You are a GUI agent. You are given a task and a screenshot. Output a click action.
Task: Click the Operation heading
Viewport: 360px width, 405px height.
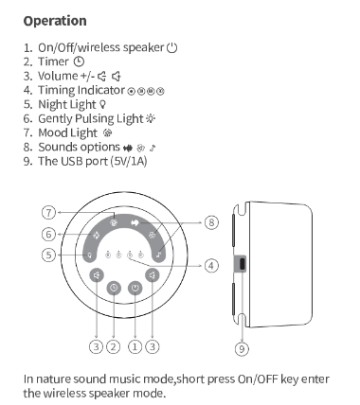[x=55, y=21]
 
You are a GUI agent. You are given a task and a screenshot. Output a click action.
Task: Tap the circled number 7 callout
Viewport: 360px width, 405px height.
[x=48, y=212]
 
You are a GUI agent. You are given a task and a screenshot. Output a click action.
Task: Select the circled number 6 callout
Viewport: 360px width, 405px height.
[x=48, y=234]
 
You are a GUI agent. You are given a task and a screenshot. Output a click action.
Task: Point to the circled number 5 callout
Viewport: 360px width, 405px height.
[x=48, y=255]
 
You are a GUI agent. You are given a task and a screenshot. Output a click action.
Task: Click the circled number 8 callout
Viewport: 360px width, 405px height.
[x=211, y=222]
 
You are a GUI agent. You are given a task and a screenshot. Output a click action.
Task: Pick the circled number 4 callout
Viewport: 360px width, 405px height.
[x=211, y=265]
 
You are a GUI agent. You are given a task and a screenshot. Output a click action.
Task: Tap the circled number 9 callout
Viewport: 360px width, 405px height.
[x=242, y=349]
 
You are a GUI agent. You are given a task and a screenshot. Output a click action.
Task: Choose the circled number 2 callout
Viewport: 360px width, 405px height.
[x=114, y=346]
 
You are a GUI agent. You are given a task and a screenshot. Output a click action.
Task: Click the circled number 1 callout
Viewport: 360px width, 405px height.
[x=135, y=346]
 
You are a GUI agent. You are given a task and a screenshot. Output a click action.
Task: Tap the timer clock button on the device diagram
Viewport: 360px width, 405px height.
[x=114, y=288]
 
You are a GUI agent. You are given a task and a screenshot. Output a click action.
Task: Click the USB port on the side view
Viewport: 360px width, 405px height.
[x=242, y=264]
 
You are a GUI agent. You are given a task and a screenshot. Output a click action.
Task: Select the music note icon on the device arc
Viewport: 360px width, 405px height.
[x=159, y=255]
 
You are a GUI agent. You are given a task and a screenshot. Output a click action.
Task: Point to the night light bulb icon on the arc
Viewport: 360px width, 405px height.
[x=90, y=255]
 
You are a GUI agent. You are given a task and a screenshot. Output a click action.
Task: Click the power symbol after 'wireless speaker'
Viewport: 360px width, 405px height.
[x=172, y=47]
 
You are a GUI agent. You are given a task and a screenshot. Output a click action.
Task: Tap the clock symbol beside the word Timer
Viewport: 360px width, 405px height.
[x=79, y=62]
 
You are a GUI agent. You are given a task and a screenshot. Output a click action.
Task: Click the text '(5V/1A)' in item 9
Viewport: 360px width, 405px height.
[x=129, y=161]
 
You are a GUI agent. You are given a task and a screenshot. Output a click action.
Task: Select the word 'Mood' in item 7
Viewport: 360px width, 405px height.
[x=52, y=132]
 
